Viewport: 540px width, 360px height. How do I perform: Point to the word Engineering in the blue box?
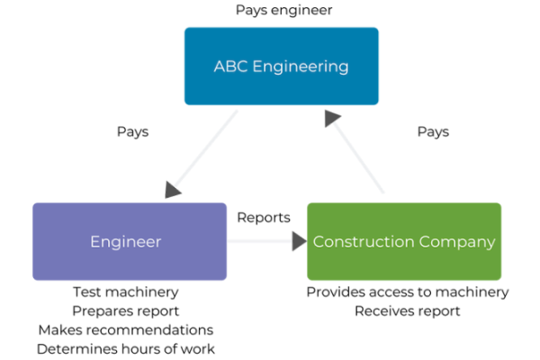pyautogui.click(x=300, y=67)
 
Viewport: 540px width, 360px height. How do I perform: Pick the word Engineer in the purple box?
pyautogui.click(x=125, y=242)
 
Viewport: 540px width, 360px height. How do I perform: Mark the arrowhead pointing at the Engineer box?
pyautogui.click(x=173, y=191)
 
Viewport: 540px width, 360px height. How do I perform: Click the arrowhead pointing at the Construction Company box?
pyautogui.click(x=299, y=241)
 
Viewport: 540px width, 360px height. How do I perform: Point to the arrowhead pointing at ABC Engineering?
pyautogui.click(x=332, y=118)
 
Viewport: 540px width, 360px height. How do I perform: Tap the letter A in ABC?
pyautogui.click(x=219, y=67)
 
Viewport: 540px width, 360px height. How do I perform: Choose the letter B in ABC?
pyautogui.click(x=229, y=67)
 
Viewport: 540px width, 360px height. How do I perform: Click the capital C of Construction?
pyautogui.click(x=318, y=242)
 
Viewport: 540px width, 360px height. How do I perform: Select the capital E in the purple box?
pyautogui.click(x=94, y=242)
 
